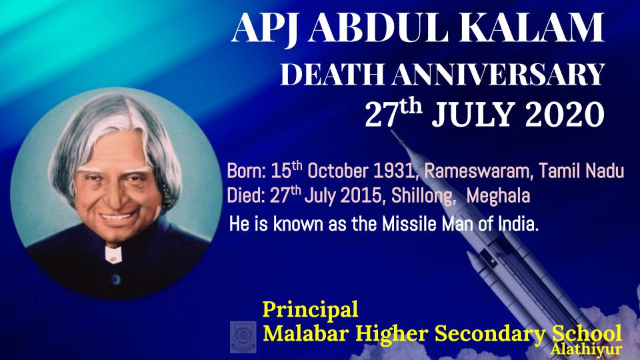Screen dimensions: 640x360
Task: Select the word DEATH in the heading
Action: (x=332, y=74)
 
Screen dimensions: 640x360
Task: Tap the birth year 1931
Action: (x=395, y=171)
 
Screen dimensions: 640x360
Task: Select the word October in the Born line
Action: (x=339, y=171)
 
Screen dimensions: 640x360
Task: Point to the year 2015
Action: (x=362, y=196)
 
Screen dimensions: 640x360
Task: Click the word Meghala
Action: (x=498, y=197)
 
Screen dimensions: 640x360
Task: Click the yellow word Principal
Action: (x=310, y=310)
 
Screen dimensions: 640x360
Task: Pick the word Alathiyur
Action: (x=586, y=349)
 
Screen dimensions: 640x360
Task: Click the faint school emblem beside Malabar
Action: (x=243, y=337)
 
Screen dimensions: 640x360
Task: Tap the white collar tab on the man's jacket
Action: (x=113, y=255)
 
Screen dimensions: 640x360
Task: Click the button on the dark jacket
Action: (x=116, y=279)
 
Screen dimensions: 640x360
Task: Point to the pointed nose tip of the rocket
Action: (x=392, y=132)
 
